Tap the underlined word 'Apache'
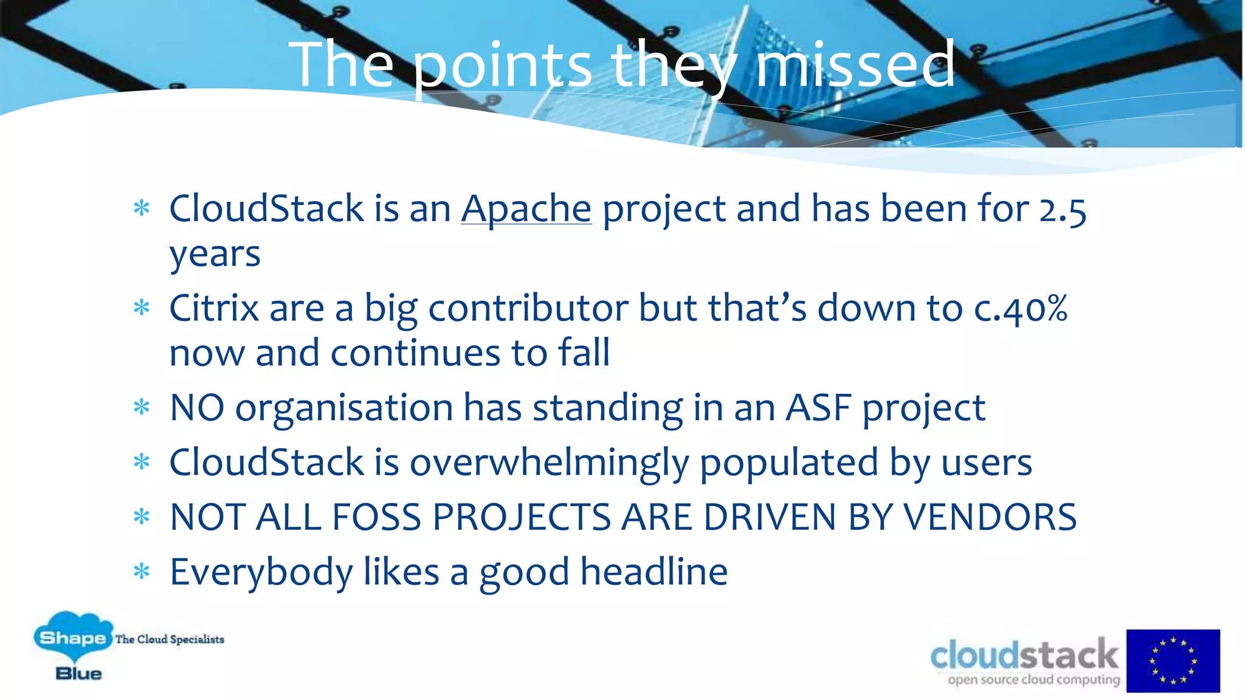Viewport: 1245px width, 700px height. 526,209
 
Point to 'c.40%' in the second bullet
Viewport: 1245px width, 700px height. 1021,309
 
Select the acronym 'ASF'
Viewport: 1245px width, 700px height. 818,408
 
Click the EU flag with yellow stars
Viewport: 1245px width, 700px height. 1173,661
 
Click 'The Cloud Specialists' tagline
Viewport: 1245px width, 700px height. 170,639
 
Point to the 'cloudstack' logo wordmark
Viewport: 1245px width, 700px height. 1024,655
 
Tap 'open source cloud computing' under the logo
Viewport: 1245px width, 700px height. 1033,680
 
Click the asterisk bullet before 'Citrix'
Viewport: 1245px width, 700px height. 142,308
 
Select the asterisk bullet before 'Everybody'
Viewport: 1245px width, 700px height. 142,572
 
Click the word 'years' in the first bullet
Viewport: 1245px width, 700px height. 215,255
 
